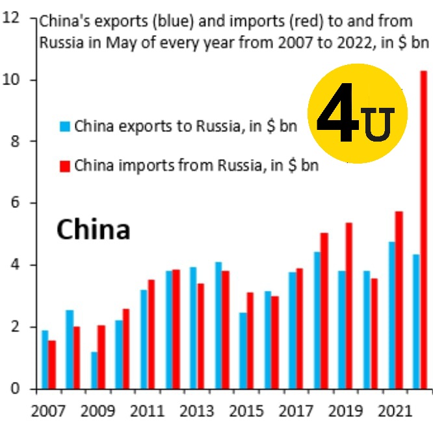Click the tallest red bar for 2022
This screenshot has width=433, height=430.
coord(424,230)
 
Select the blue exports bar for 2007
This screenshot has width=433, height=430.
coord(45,359)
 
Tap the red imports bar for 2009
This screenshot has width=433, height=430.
coord(101,357)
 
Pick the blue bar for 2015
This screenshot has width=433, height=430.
coord(243,351)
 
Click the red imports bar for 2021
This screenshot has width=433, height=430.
coord(399,300)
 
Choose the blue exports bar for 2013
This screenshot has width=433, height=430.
coord(193,328)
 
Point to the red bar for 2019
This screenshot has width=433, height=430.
coord(349,305)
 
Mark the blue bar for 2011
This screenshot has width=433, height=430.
coord(144,339)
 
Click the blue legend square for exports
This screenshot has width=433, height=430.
coord(65,126)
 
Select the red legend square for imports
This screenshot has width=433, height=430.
coord(65,166)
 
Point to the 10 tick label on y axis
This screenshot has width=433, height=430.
coord(11,80)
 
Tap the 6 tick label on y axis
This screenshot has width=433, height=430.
coord(16,203)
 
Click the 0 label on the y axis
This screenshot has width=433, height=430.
coord(16,388)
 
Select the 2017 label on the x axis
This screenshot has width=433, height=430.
coord(296,411)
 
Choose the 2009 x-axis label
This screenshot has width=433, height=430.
coord(98,411)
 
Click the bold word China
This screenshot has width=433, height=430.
coord(94,229)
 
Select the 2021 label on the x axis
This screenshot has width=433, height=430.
coord(395,411)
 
